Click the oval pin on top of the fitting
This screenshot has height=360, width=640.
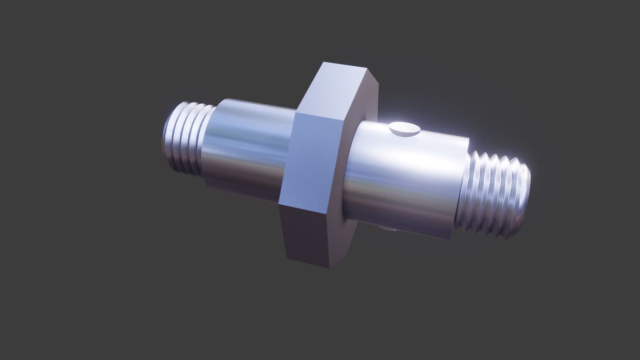pos(405,129)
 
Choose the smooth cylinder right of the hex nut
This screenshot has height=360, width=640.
pos(403,181)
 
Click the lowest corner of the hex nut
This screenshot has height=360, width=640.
pos(330,267)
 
